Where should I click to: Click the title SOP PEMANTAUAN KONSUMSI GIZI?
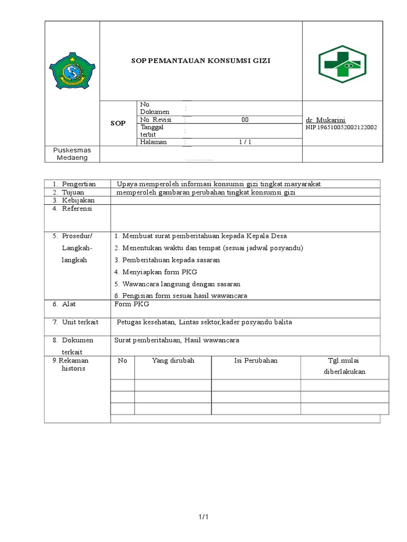coord(201,61)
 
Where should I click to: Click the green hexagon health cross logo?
coord(342,64)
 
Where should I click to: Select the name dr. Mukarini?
coord(326,120)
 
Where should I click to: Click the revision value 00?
coord(245,120)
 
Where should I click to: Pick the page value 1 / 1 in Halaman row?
coord(245,142)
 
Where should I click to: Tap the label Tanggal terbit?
coord(152,130)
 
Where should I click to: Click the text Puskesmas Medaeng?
coord(72,154)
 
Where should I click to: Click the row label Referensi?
coord(77,209)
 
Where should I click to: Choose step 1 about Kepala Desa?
coord(200,236)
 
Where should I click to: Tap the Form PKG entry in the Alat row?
coord(132,304)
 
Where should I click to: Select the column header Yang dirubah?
coord(173,360)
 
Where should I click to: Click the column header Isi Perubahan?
coord(256,360)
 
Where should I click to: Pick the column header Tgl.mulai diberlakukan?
coord(344,366)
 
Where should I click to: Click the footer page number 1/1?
coord(203,517)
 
